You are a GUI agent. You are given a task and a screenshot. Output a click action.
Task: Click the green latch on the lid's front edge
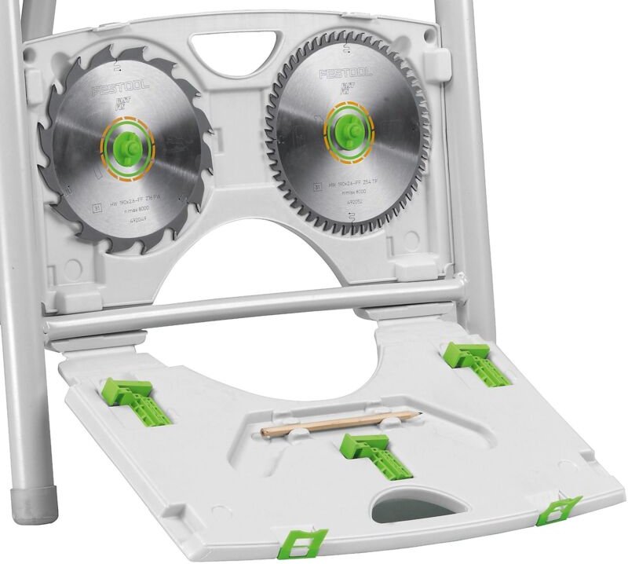(305, 543)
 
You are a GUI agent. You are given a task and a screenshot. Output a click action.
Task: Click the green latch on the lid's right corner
(559, 509)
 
